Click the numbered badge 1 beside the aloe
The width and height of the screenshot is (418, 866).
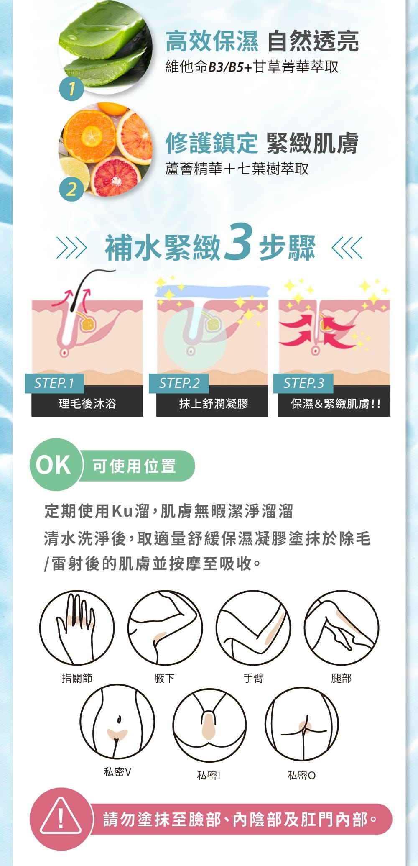click(x=71, y=89)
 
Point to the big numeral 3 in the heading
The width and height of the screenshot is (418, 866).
click(x=238, y=242)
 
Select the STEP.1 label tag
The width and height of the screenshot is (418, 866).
click(x=54, y=383)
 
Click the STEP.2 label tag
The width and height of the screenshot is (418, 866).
click(x=179, y=383)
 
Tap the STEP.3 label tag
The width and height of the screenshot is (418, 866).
click(x=303, y=383)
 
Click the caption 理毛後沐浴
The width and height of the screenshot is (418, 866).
click(x=87, y=404)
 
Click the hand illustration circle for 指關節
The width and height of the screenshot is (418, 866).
click(x=77, y=628)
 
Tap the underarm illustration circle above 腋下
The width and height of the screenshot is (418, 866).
click(x=165, y=628)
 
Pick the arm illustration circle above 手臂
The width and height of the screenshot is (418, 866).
click(x=253, y=628)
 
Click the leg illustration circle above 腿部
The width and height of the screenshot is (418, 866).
click(x=342, y=628)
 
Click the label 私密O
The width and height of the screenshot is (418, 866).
click(x=301, y=775)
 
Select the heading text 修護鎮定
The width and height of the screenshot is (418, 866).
click(x=212, y=143)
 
